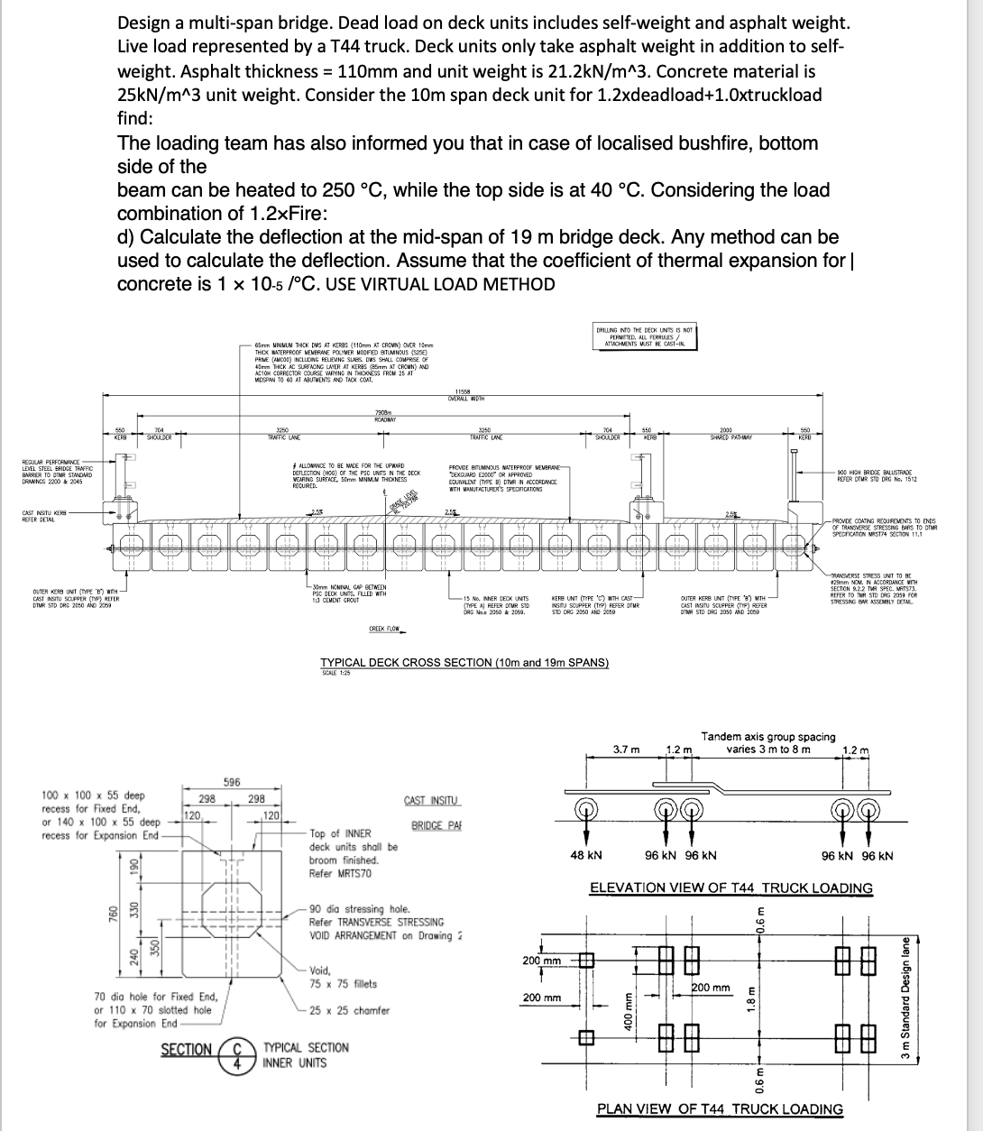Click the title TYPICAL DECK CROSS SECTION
pyautogui.click(x=464, y=663)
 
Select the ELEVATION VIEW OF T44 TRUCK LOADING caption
pyautogui.click(x=730, y=887)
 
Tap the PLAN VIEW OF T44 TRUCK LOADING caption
pyautogui.click(x=720, y=1109)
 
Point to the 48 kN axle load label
pyautogui.click(x=586, y=855)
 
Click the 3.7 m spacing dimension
pyautogui.click(x=626, y=749)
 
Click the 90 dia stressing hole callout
pyautogui.click(x=359, y=909)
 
